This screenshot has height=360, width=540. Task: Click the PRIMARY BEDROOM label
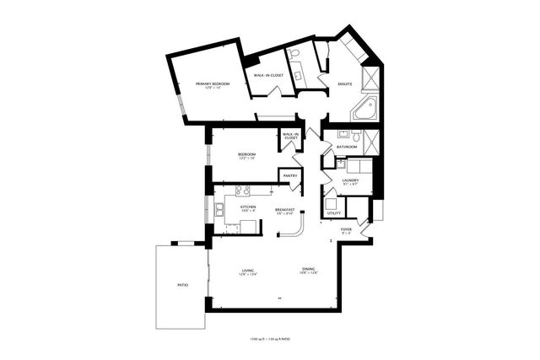click(x=213, y=84)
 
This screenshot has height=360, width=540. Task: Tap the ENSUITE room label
click(x=345, y=83)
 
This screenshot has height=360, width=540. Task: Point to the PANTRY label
click(x=290, y=175)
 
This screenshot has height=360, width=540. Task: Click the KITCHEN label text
click(x=248, y=207)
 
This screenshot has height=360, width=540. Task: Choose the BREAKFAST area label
click(x=285, y=208)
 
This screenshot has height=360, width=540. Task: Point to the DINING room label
click(x=309, y=270)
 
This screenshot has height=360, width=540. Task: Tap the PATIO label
click(x=182, y=286)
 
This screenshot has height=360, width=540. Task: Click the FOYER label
click(x=346, y=228)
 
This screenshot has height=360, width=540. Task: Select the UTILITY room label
click(x=334, y=213)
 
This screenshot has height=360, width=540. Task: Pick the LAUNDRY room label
click(x=351, y=180)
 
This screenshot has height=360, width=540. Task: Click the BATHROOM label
click(x=347, y=148)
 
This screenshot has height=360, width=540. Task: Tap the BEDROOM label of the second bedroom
click(x=246, y=154)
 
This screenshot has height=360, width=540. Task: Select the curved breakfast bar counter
click(x=297, y=227)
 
